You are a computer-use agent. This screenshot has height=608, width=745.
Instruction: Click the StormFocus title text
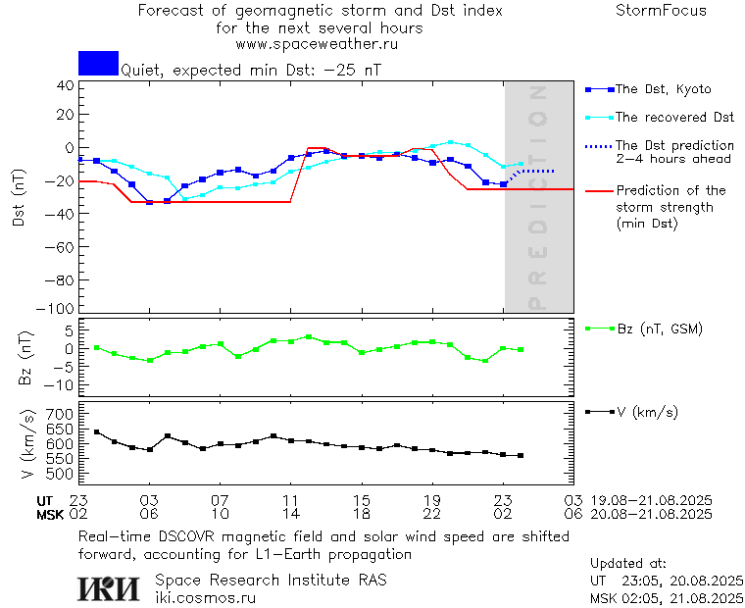pyautogui.click(x=661, y=11)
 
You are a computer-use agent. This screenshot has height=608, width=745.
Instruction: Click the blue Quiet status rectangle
pyautogui.click(x=98, y=63)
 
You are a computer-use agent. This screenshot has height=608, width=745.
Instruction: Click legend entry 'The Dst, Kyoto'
pyautogui.click(x=662, y=89)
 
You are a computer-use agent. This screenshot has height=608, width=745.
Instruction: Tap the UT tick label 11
pyautogui.click(x=291, y=500)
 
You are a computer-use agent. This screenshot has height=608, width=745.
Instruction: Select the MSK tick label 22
pyautogui.click(x=432, y=513)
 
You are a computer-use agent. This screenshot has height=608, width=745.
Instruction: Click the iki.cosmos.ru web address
pyautogui.click(x=206, y=596)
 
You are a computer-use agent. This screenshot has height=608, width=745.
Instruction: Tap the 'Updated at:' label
pyautogui.click(x=628, y=564)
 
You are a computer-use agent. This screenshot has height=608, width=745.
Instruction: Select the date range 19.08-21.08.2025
pyautogui.click(x=651, y=500)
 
